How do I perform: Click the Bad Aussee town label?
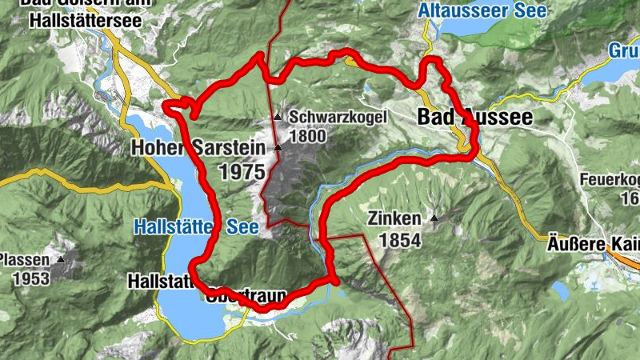click(474, 117)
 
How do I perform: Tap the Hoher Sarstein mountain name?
click(186, 148)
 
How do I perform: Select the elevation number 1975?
click(241, 170)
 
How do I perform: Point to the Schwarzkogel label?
click(338, 117)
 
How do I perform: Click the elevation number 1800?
click(309, 135)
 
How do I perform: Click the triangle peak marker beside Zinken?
click(434, 218)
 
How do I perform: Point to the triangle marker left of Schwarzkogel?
click(278, 117)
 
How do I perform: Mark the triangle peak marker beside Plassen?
click(60, 259)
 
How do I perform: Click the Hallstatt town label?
click(160, 281)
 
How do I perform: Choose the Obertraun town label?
click(246, 298)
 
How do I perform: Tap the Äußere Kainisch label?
click(593, 240)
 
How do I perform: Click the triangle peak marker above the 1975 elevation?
click(278, 148)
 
